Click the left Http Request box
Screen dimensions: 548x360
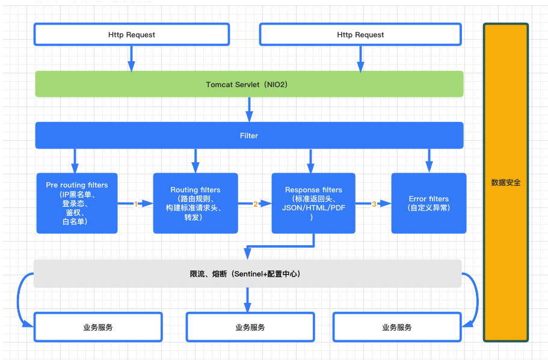[x=131, y=35]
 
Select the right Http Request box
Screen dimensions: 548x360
[x=360, y=35]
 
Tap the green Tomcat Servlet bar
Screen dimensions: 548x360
[x=249, y=84]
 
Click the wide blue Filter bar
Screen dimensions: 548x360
[x=249, y=135]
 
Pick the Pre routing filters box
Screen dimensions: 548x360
[x=77, y=203]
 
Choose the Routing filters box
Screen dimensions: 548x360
[x=195, y=203]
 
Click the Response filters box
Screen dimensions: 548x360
[x=313, y=203]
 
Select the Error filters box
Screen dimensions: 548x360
[x=429, y=203]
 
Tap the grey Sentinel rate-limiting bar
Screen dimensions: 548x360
[x=247, y=273]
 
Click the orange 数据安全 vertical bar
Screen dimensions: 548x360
[x=506, y=182]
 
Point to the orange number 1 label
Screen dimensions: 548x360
[x=135, y=204]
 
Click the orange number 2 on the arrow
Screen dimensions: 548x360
[x=256, y=204]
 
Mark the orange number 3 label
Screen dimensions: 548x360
[x=374, y=204]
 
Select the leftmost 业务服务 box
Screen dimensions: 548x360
[x=98, y=327]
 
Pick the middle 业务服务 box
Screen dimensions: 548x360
[x=250, y=327]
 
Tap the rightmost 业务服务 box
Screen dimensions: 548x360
[x=397, y=327]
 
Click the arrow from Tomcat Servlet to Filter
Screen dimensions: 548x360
[x=249, y=109]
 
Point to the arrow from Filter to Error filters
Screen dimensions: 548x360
[x=429, y=160]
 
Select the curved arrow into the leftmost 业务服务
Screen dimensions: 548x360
[x=18, y=301]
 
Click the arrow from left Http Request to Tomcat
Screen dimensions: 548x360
[x=131, y=59]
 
